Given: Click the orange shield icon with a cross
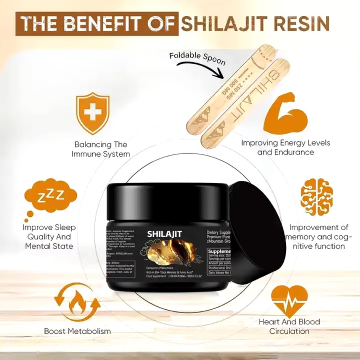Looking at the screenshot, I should point(92,113).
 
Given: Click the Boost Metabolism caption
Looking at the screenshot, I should point(77,332).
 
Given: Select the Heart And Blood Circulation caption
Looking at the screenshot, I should point(289,327).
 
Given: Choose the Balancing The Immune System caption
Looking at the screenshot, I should point(102,149).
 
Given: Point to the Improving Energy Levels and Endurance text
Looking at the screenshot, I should point(286,148).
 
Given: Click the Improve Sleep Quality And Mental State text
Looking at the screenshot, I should point(49,237).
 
